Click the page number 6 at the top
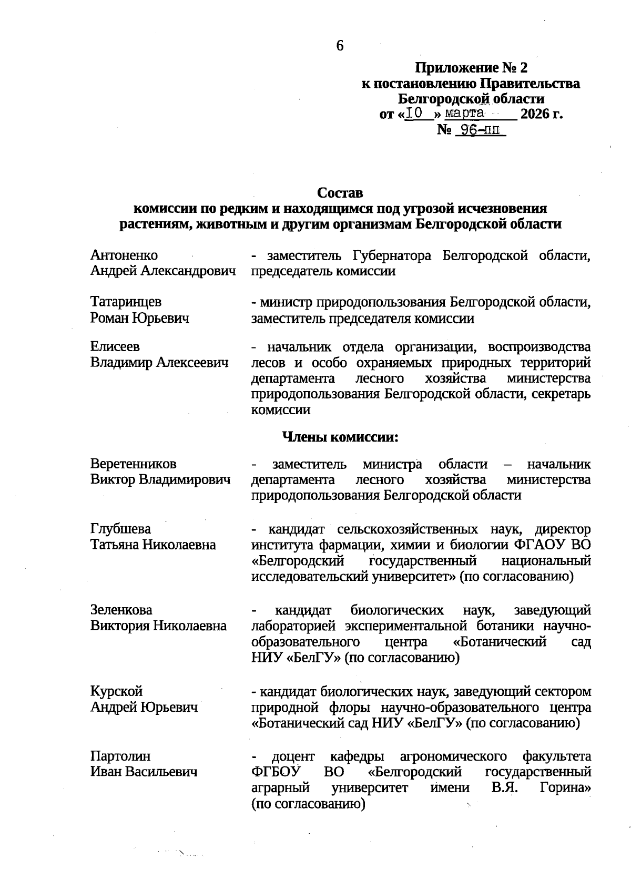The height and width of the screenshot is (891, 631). pyautogui.click(x=340, y=46)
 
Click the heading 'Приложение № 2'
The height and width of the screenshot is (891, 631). pyautogui.click(x=471, y=68)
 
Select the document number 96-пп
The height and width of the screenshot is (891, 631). pyautogui.click(x=477, y=130)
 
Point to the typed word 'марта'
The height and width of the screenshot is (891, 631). pyautogui.click(x=464, y=113)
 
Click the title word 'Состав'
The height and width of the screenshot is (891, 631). pyautogui.click(x=340, y=193)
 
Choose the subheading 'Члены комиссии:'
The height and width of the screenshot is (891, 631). pyautogui.click(x=340, y=437)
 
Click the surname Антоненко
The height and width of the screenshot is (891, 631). pyautogui.click(x=124, y=255)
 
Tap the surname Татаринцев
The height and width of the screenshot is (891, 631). pyautogui.click(x=126, y=302)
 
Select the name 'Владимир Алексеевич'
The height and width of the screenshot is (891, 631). pyautogui.click(x=159, y=363)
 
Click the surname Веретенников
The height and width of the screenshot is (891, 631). pyautogui.click(x=133, y=464)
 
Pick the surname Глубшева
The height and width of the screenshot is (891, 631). pyautogui.click(x=120, y=529)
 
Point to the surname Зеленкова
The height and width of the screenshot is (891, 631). pyautogui.click(x=121, y=610)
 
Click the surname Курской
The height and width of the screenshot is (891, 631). pyautogui.click(x=116, y=691)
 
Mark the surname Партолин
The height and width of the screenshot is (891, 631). pyautogui.click(x=120, y=756)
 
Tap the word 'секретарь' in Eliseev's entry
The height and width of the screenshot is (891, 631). pyautogui.click(x=561, y=394)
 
